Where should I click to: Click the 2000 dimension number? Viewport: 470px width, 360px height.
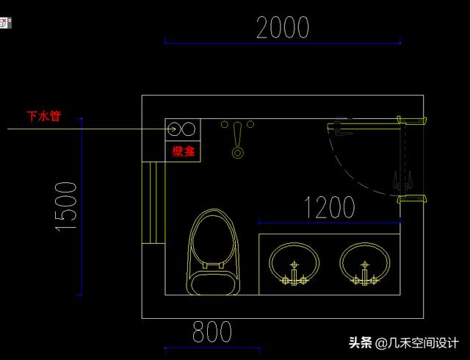click(x=283, y=27)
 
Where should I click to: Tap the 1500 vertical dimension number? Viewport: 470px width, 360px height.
click(x=66, y=206)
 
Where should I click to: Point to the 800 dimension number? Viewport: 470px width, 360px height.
click(x=212, y=332)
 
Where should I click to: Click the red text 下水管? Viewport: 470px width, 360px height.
click(x=43, y=116)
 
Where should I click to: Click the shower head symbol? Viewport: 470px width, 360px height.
click(x=237, y=140)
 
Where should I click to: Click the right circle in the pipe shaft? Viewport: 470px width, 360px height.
click(x=189, y=129)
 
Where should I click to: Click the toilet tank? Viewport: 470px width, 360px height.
click(x=214, y=284)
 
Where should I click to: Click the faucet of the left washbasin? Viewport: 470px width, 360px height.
click(x=294, y=276)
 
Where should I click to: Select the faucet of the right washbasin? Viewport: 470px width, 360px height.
click(x=364, y=276)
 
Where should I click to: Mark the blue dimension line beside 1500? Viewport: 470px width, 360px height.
click(x=81, y=206)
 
